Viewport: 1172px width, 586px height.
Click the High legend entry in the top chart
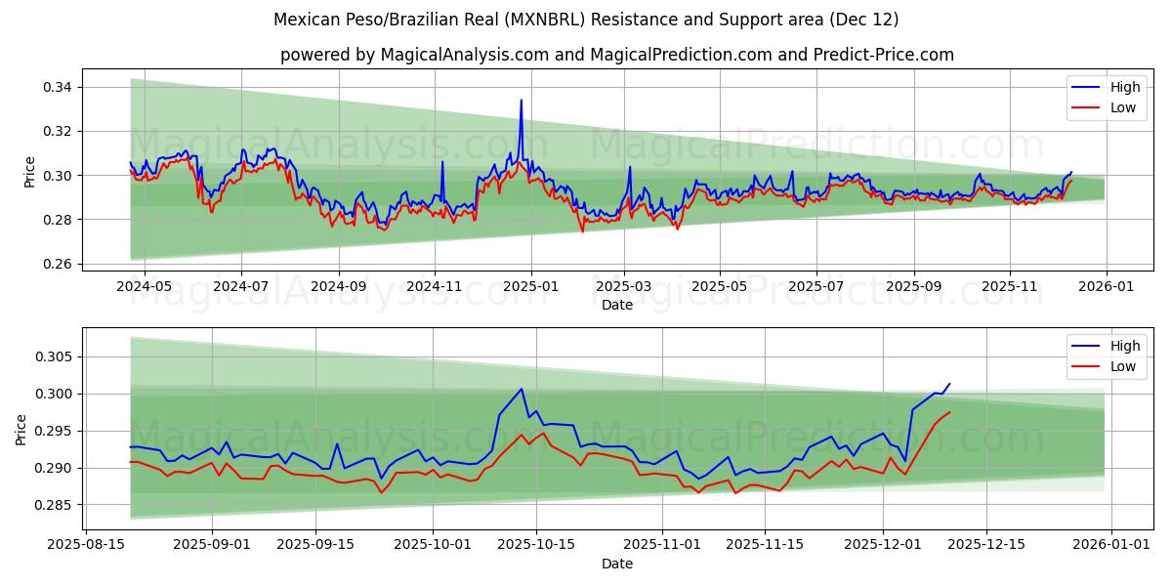[1123, 87]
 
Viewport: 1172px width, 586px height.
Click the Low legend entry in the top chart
[1122, 107]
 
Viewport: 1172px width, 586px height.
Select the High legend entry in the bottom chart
[1123, 346]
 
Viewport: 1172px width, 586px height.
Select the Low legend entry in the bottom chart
[1122, 366]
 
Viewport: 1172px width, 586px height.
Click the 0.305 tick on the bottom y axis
[55, 356]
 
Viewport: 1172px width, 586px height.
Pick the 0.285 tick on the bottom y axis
[55, 505]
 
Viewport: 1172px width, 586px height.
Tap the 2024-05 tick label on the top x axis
[145, 286]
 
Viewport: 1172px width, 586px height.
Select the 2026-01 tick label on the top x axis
[1106, 286]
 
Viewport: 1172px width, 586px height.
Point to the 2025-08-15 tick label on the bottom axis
[85, 544]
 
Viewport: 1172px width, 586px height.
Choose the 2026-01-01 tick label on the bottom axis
[1113, 544]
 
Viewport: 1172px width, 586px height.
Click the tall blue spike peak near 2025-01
[521, 100]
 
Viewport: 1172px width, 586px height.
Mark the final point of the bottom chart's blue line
[948, 384]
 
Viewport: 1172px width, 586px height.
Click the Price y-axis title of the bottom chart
[21, 429]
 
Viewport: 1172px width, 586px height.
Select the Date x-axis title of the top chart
[616, 305]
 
